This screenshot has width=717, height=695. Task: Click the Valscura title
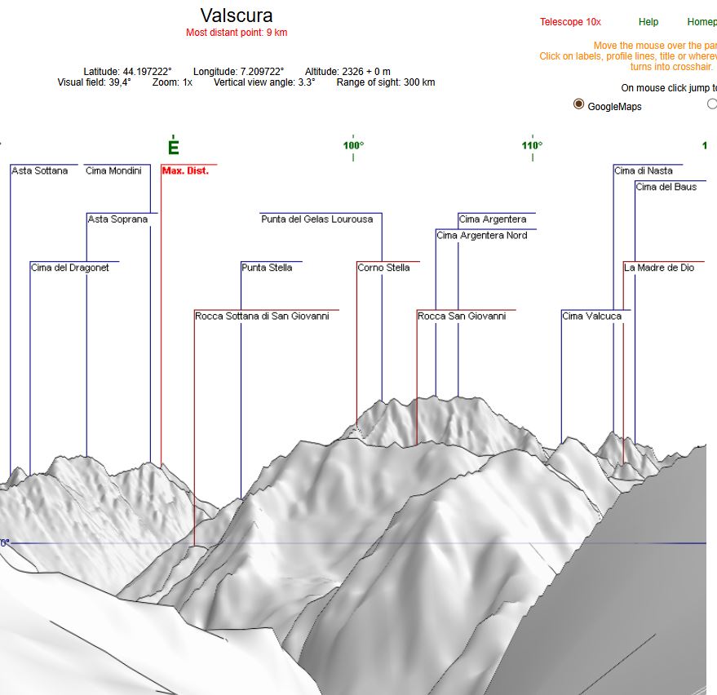237,15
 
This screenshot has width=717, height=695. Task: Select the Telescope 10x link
570,22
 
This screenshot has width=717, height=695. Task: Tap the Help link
648,22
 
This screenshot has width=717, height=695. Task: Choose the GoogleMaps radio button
579,104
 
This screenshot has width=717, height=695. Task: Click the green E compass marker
173,148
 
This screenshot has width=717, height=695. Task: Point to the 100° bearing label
353,145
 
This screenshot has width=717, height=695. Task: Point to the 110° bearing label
533,145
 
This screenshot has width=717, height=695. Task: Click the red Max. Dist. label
185,170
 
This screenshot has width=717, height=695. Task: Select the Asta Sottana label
40,170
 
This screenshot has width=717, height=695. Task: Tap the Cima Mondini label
113,170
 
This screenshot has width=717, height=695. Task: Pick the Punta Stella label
267,268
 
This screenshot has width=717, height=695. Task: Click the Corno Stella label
383,268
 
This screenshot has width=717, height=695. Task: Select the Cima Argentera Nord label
481,236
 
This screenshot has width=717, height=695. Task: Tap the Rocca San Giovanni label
462,316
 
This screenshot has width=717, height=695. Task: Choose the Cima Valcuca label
591,316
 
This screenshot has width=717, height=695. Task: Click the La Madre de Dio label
659,268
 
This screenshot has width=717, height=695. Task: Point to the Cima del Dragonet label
69,268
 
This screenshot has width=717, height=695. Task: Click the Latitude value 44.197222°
147,72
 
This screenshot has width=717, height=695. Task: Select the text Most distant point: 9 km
237,33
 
